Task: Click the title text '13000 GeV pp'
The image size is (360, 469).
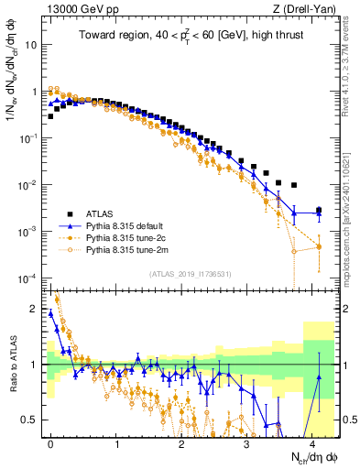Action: (x=76, y=10)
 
